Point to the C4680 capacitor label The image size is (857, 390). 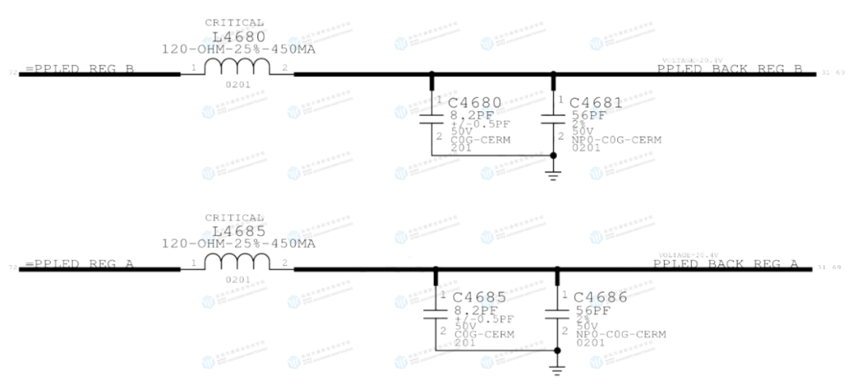pyautogui.click(x=475, y=103)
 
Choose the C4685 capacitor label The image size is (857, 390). pyautogui.click(x=479, y=298)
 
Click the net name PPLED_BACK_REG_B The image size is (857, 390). pyautogui.click(x=730, y=70)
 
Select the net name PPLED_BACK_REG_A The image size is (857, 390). pyautogui.click(x=726, y=265)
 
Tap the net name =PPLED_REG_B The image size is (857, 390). pyautogui.click(x=79, y=70)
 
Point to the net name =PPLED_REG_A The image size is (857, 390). pyautogui.click(x=79, y=265)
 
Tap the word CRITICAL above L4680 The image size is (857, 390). pyautogui.click(x=234, y=23)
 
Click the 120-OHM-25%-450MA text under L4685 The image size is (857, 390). pyautogui.click(x=238, y=243)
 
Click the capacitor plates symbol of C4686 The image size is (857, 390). pyautogui.click(x=556, y=314)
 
